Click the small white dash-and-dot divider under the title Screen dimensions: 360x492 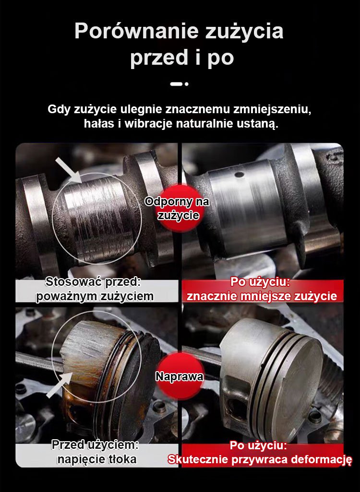pyautogui.click(x=180, y=84)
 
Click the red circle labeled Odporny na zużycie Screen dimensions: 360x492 pyautogui.click(x=178, y=208)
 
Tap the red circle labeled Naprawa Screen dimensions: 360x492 pyautogui.click(x=180, y=376)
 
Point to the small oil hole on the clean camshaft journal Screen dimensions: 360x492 pyautogui.click(x=240, y=174)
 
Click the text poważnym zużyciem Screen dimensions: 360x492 pyautogui.click(x=95, y=296)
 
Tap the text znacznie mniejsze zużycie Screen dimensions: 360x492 pyautogui.click(x=262, y=296)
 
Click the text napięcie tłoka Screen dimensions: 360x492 pyautogui.click(x=97, y=459)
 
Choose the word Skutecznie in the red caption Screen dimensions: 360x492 pyautogui.click(x=198, y=459)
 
